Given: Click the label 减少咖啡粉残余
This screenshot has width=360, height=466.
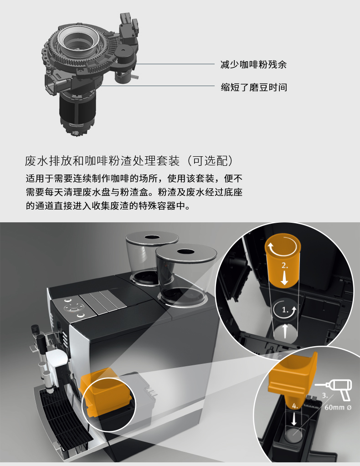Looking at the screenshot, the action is coord(253,65).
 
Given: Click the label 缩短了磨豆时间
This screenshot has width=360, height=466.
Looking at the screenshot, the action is coord(254,87).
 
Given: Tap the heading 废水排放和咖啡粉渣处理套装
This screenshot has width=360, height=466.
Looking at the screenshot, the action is coord(102,161).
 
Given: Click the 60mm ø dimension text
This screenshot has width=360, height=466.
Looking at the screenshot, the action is coord(338,407).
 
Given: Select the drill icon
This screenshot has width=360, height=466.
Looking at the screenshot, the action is coord(334,389).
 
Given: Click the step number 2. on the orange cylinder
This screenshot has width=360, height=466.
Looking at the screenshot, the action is coord(284,266).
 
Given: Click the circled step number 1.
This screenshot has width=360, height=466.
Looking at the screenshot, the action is coord(285,310).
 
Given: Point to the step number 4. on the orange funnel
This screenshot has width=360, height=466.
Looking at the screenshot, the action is coord(294,406).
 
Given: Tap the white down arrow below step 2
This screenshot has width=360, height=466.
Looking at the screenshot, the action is coord(284,278).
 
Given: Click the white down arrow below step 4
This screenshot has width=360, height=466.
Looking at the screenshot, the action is coord(294,419).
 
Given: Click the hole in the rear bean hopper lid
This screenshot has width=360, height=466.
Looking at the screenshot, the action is coord(152,237).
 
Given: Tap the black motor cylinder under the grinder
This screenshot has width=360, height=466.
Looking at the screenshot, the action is coord(78,109).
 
